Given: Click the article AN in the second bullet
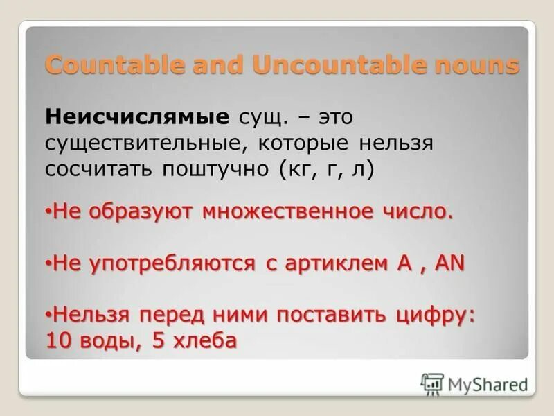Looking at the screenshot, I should tap(450, 263).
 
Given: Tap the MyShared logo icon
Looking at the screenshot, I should tap(432, 383).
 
